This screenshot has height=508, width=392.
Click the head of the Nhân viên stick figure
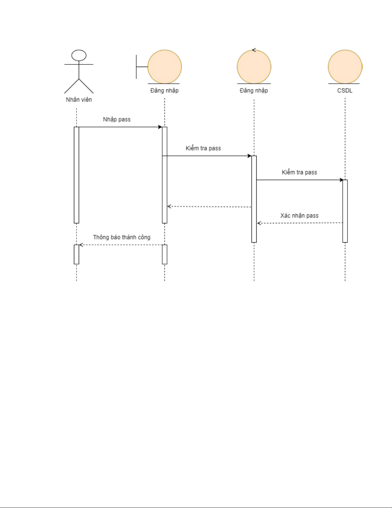point(79,55)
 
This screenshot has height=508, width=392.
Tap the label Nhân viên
point(79,100)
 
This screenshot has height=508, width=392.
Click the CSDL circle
point(345,67)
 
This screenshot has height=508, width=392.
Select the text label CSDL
point(345,91)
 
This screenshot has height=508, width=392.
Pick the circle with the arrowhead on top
point(254,67)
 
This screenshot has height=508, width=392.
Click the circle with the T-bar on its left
point(164,67)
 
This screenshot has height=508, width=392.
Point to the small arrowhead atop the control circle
point(254,50)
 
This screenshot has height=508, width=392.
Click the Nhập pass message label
point(116,120)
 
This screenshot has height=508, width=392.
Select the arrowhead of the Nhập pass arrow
point(160,127)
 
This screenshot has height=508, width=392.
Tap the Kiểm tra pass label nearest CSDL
point(299,172)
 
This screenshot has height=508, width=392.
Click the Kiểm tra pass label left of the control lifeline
point(203,148)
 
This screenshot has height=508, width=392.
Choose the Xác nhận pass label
point(299,216)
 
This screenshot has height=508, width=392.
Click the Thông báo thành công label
point(122,237)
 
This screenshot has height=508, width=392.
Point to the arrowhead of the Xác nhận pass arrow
point(259,223)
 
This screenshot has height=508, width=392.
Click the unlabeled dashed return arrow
point(209,207)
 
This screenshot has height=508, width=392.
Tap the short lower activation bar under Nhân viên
point(76,254)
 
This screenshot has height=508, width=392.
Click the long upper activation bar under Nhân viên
point(76,175)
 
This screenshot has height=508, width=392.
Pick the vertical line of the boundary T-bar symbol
point(136,67)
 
